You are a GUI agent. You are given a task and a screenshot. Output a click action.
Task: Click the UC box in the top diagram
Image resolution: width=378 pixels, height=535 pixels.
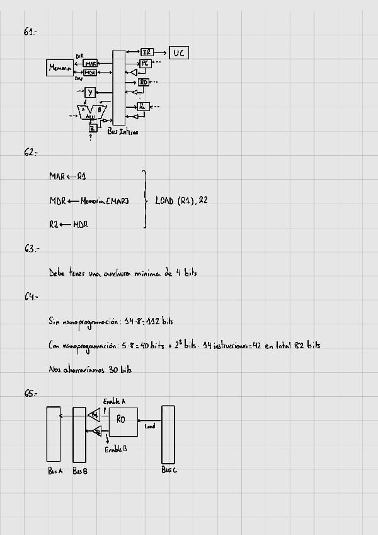[x=179, y=52]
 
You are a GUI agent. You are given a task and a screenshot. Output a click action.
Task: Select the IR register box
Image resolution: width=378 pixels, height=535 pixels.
[x=147, y=52]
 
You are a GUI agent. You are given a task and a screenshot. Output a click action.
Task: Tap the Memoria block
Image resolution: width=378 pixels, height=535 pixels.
[x=60, y=68]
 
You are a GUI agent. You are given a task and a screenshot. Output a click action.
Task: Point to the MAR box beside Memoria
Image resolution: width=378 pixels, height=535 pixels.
[x=90, y=64]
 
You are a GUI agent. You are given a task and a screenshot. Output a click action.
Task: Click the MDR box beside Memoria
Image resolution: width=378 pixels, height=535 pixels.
[x=90, y=73]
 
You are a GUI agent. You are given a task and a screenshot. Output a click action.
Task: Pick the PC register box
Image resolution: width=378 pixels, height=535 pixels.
[x=145, y=63]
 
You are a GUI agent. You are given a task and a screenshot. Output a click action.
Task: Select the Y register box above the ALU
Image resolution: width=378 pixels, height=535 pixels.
[x=90, y=93]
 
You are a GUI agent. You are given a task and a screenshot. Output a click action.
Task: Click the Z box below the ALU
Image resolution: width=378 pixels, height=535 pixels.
[x=93, y=127]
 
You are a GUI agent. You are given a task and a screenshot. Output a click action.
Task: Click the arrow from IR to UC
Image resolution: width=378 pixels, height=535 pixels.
[x=161, y=52]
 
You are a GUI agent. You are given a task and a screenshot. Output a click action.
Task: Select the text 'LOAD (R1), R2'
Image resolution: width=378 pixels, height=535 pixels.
[x=181, y=201]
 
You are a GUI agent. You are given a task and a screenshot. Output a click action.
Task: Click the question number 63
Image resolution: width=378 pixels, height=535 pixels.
[x=31, y=249]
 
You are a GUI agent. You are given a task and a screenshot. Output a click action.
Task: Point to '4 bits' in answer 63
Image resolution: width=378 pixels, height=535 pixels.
[x=186, y=273]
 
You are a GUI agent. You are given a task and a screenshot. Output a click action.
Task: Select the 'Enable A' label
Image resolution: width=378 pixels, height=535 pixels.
[x=114, y=401]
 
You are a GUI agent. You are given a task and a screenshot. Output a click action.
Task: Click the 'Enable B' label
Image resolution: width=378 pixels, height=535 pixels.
[x=116, y=449]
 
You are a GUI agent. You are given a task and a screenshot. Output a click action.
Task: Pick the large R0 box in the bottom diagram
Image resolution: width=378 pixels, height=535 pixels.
[x=123, y=422]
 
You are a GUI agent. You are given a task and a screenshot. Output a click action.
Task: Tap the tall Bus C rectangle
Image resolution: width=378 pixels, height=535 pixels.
[x=168, y=434]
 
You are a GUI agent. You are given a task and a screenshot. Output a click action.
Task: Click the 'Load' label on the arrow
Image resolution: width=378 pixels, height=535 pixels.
[x=150, y=426]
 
